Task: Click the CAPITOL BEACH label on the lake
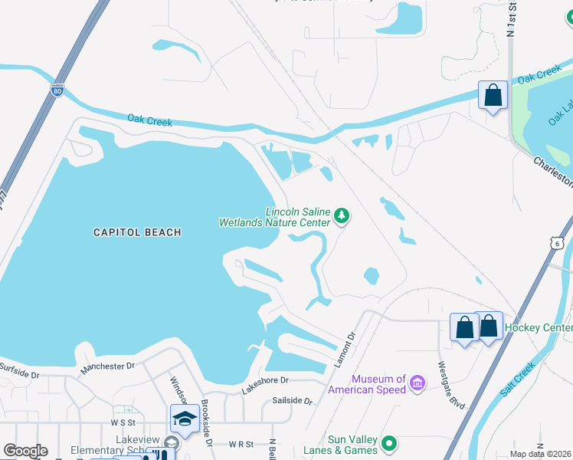coord(137,232)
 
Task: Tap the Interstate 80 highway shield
coord(57,90)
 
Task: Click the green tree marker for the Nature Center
coord(342,217)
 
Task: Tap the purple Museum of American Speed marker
coord(417,383)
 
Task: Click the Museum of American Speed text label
coord(368,384)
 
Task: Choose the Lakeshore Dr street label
coord(265,380)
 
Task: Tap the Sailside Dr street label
coord(293,401)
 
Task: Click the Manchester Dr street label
coord(107,367)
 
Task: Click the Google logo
coord(25,451)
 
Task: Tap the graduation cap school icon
coord(185,419)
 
